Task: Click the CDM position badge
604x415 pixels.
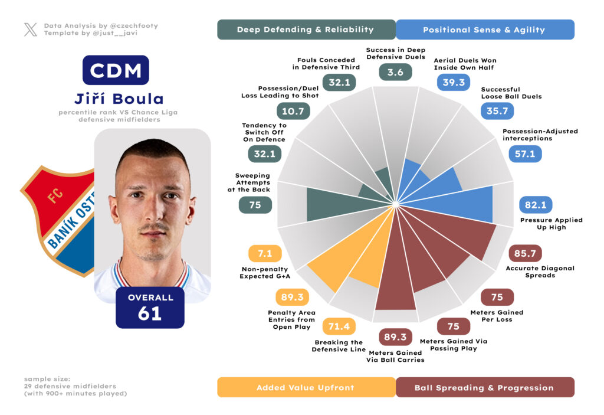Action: (x=116, y=70)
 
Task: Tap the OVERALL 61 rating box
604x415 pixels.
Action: (x=150, y=307)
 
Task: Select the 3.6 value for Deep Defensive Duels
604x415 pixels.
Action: (x=395, y=72)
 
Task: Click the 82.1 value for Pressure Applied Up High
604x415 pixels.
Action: (x=536, y=205)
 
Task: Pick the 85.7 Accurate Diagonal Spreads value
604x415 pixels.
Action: (x=525, y=254)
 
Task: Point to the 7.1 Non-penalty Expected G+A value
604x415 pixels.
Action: (x=265, y=254)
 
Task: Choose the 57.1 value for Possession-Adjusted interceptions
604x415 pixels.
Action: (x=525, y=153)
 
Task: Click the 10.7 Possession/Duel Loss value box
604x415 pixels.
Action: (x=293, y=110)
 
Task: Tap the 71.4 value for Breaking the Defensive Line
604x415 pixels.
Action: (x=339, y=326)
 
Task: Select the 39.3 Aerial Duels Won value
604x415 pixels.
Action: (x=454, y=82)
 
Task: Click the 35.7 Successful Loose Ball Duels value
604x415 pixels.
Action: (x=497, y=110)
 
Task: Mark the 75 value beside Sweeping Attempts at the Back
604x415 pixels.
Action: (x=255, y=205)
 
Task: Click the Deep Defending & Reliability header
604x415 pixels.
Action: (x=306, y=30)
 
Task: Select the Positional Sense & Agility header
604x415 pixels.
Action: (x=484, y=30)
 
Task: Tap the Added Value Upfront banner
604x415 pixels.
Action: (x=306, y=387)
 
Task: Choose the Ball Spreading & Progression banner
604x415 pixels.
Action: (x=484, y=387)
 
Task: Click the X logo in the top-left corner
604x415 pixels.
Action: (x=31, y=30)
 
